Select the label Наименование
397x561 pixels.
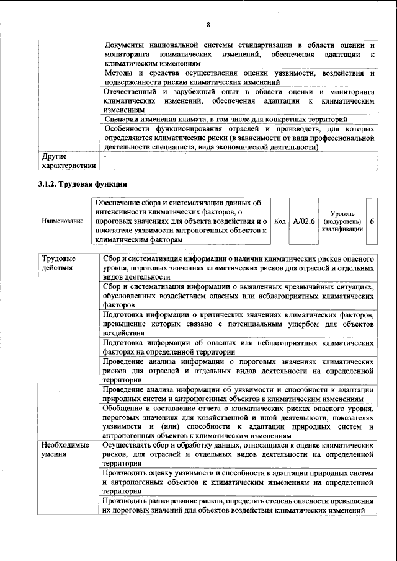[62, 221]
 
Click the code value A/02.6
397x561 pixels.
[304, 221]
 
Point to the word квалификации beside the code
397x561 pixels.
[342, 229]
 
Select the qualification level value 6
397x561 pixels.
[372, 221]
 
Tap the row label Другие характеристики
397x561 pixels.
[67, 161]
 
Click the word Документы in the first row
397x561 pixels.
[126, 46]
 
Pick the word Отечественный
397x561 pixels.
[134, 91]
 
